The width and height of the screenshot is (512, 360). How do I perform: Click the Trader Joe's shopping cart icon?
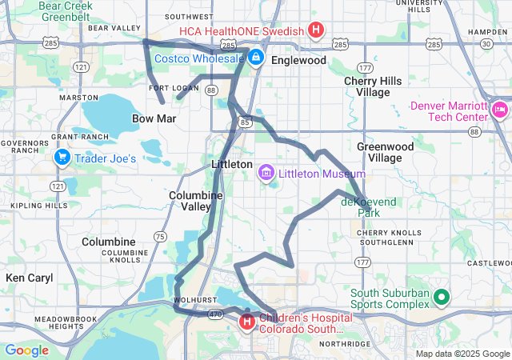pyautogui.click(x=62, y=158)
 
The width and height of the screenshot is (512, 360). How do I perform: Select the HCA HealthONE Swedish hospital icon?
pyautogui.click(x=316, y=31)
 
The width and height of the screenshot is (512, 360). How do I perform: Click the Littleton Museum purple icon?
pyautogui.click(x=266, y=173)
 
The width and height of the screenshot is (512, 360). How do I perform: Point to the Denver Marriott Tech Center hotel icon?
pyautogui.click(x=501, y=109)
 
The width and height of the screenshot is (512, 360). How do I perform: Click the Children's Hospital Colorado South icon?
pyautogui.click(x=247, y=322)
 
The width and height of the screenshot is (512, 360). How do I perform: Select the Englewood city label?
pyautogui.click(x=298, y=60)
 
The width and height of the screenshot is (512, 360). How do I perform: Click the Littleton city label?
pyautogui.click(x=231, y=163)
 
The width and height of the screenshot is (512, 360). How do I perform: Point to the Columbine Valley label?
pyautogui.click(x=190, y=201)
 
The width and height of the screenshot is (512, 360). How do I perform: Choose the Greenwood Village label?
pyautogui.click(x=385, y=152)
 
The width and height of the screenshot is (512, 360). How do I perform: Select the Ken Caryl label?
pyautogui.click(x=29, y=278)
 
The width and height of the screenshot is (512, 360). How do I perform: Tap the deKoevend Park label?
pyautogui.click(x=369, y=208)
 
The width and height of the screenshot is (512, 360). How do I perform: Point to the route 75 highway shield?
pyautogui.click(x=160, y=236)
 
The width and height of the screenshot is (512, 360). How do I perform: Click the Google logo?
pyautogui.click(x=27, y=350)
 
